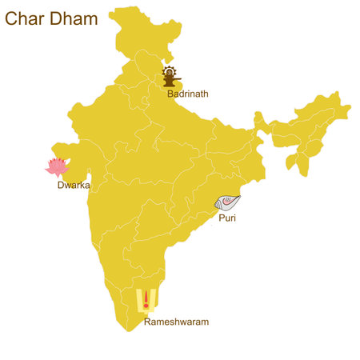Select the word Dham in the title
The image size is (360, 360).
(73, 18)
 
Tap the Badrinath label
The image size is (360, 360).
(188, 94)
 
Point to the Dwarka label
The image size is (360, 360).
(73, 186)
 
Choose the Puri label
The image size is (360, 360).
(227, 217)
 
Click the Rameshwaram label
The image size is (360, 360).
(176, 322)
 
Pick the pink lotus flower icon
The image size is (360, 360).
(56, 167)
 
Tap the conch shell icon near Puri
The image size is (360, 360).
(228, 203)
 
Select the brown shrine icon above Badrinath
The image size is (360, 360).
(170, 77)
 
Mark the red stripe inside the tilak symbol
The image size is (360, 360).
(146, 298)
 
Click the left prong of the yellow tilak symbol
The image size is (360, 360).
(139, 298)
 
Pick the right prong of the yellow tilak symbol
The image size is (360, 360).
(154, 298)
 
